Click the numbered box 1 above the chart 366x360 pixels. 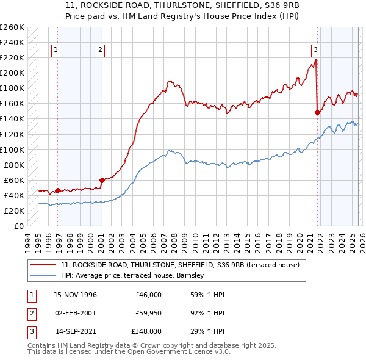[56, 50]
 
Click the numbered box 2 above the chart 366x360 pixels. [99, 50]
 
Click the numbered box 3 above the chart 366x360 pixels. [315, 50]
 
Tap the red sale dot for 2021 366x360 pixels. [317, 112]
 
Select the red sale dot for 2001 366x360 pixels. [102, 180]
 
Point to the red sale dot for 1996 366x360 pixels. [57, 190]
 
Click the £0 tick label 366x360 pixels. [18, 226]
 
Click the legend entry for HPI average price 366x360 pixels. [135, 276]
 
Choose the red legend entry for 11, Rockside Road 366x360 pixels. [180, 265]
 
